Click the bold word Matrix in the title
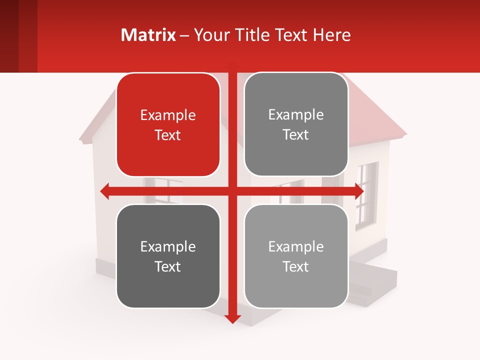tap(148, 35)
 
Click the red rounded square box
tap(168, 125)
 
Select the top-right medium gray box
tap(296, 124)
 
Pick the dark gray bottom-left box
tap(168, 256)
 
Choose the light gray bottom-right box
tap(296, 256)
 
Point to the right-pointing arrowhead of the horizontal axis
tap(359, 191)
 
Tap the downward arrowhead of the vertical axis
tap(232, 318)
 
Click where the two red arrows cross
tap(232, 191)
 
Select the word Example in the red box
tap(168, 115)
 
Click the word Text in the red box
tap(168, 135)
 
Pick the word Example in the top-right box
tap(296, 115)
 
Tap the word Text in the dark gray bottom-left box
tap(168, 266)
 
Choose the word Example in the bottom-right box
tap(296, 246)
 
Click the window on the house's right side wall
tap(366, 195)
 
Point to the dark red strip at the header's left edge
tap(9, 36)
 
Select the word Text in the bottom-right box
tap(296, 266)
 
